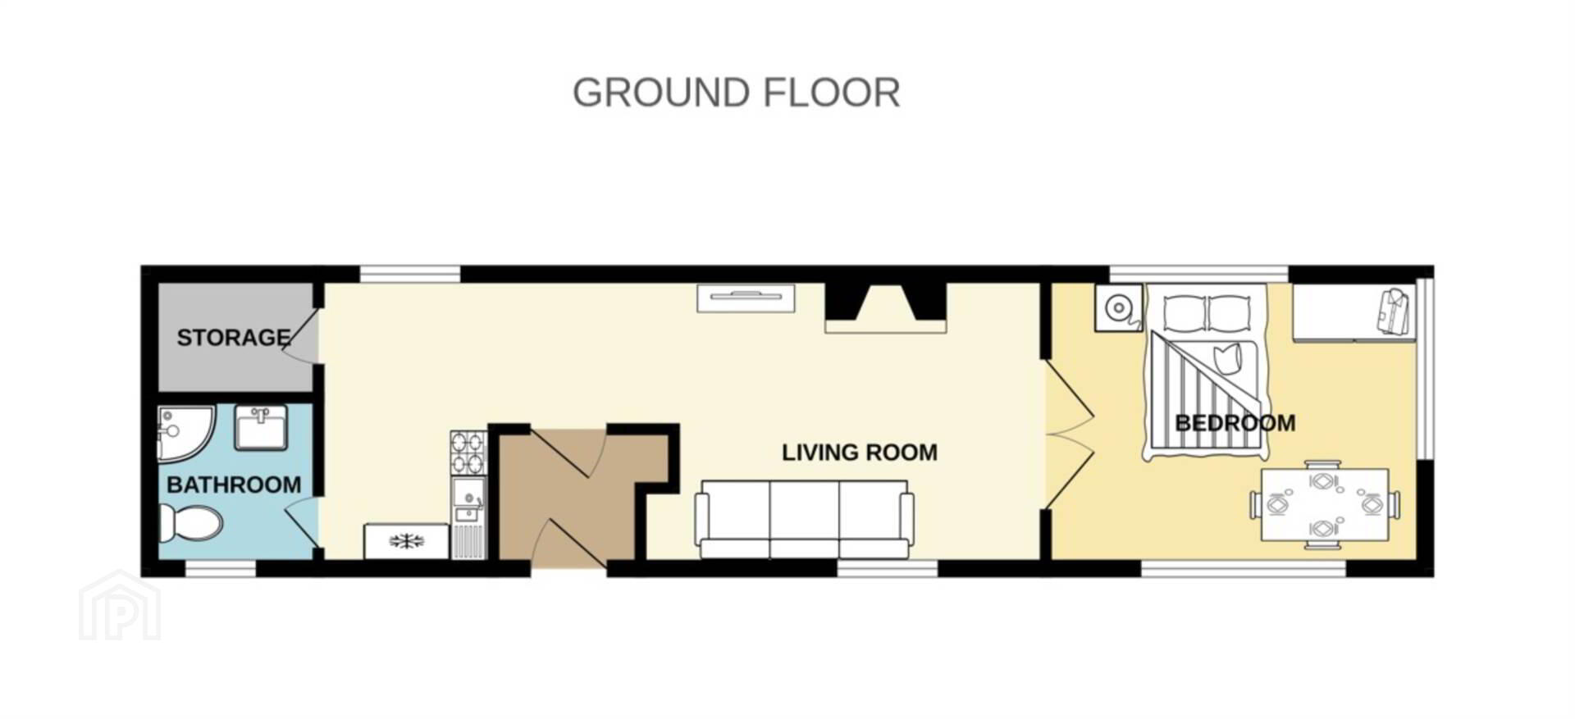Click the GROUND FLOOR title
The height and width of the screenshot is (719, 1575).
click(736, 93)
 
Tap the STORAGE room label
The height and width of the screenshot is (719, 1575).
click(234, 338)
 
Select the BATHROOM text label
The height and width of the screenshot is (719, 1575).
click(234, 485)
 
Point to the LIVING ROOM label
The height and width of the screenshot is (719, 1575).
click(859, 453)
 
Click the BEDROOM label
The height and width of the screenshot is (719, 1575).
click(1235, 423)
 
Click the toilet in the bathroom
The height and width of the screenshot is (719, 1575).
click(190, 523)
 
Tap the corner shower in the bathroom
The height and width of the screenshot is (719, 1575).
click(185, 433)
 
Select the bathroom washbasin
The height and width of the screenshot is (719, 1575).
click(261, 427)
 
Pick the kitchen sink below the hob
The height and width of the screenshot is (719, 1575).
click(468, 500)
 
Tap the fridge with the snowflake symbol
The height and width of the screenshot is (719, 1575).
click(407, 541)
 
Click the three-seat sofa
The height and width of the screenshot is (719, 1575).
click(804, 519)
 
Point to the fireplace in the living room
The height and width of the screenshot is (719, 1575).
click(886, 307)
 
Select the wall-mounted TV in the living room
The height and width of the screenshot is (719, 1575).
click(746, 298)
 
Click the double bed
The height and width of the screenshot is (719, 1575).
click(1206, 371)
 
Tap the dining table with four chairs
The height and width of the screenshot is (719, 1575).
click(1325, 504)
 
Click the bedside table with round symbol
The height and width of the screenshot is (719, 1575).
click(1118, 308)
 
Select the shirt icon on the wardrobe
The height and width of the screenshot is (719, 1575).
click(1395, 312)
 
